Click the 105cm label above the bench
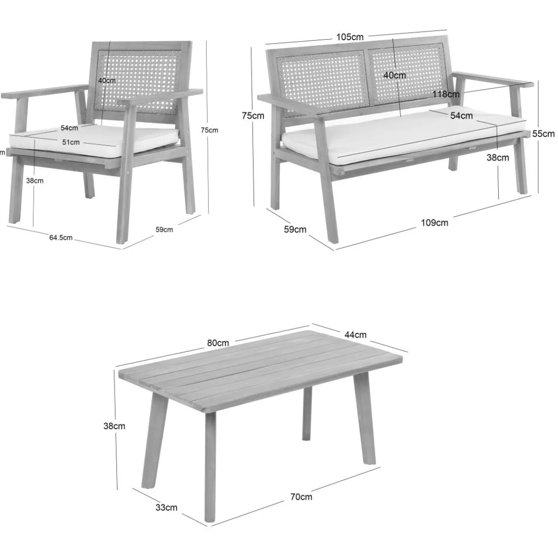coord(349,37)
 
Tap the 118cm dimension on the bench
coord(446,94)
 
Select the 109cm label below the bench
coord(434,223)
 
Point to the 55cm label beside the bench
coord(543,134)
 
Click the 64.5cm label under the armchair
coord(61,238)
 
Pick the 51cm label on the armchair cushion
coord(71,142)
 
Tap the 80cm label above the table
coord(218,343)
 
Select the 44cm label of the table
coord(355,335)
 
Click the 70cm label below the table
coord(301,497)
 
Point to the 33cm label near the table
coord(167,507)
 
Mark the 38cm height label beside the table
coord(114,426)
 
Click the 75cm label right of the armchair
coord(209,130)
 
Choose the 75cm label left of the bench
coord(253,116)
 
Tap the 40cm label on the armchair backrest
coord(107,80)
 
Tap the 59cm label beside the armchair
coord(164,230)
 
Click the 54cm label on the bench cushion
coord(461,116)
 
